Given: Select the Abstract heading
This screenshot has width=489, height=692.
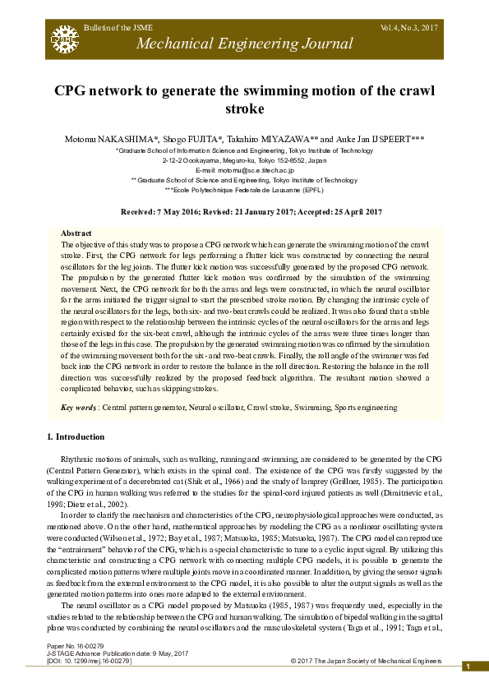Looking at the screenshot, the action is [x=76, y=234].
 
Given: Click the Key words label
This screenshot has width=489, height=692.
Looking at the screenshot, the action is [x=80, y=408].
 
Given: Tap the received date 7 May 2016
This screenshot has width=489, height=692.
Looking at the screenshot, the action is [x=181, y=212].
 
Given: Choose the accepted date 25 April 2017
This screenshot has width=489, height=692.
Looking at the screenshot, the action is [x=345, y=212].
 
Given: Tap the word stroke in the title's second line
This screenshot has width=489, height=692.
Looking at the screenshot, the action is [x=244, y=108].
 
